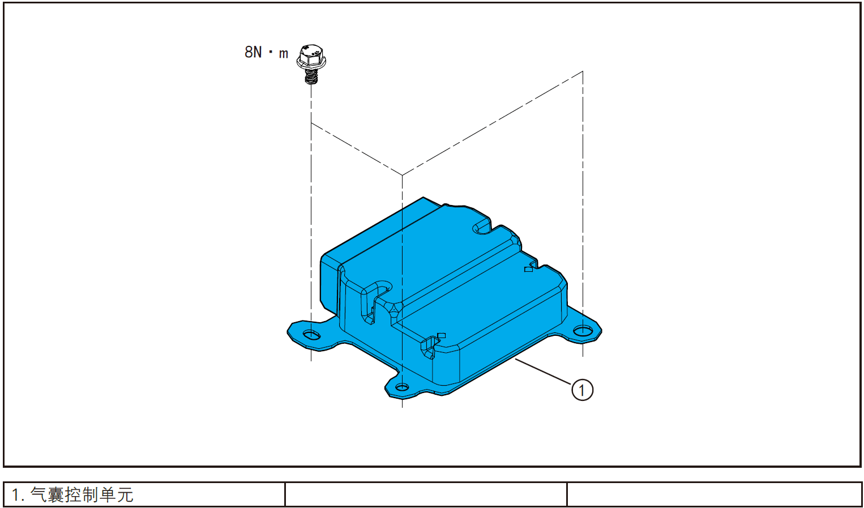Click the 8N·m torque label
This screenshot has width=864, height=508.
tap(266, 53)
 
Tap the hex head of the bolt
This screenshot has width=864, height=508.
tap(311, 56)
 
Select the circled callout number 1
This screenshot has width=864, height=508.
tap(582, 390)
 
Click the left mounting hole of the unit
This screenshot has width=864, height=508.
tap(311, 334)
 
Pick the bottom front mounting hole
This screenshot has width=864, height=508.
tap(402, 387)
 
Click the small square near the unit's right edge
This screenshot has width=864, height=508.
tap(528, 269)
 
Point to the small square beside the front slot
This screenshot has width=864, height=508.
tap(442, 335)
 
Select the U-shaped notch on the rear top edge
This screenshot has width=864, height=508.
tap(482, 226)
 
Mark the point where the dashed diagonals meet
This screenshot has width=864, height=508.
tap(402, 175)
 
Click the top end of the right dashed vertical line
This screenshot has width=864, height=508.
tap(583, 72)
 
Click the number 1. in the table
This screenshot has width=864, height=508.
tap(18, 495)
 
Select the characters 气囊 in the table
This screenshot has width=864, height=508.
tap(47, 495)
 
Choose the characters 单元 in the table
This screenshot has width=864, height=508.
tap(117, 495)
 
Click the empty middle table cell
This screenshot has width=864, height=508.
tap(426, 494)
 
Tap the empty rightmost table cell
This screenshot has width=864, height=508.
tap(714, 494)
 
